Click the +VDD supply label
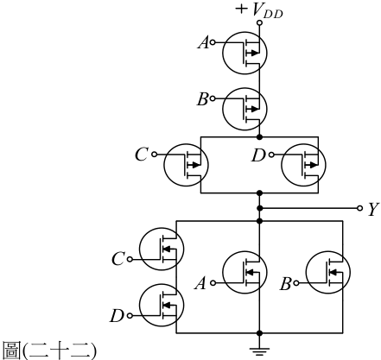click(259, 10)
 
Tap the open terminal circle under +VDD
click(259, 22)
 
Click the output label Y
click(373, 209)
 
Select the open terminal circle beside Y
click(359, 208)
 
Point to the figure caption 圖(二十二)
click(49, 350)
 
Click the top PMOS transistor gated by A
click(244, 54)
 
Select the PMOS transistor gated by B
click(244, 109)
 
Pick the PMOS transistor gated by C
click(186, 165)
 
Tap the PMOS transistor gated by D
click(303, 165)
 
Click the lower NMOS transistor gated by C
click(162, 249)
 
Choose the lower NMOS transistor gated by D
click(162, 305)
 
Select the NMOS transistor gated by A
click(244, 272)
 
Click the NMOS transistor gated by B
click(328, 272)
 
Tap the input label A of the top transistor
click(203, 43)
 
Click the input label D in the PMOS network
click(258, 155)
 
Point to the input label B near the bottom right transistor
click(285, 284)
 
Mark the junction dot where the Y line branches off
click(259, 208)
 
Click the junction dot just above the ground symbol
click(259, 333)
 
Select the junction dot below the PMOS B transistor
click(259, 137)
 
